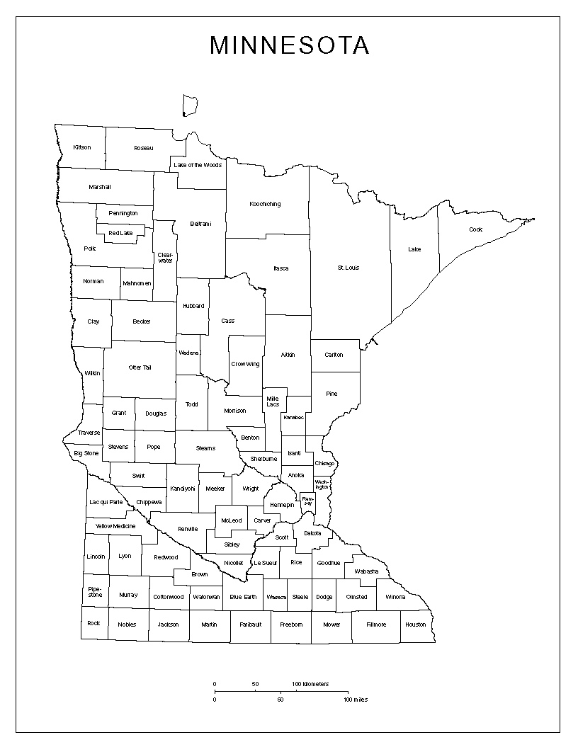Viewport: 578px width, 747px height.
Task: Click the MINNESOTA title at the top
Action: [289, 45]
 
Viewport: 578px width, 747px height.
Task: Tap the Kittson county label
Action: [82, 147]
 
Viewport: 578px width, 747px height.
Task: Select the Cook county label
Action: [475, 229]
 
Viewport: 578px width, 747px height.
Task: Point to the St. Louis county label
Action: [348, 268]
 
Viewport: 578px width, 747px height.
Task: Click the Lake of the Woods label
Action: [198, 165]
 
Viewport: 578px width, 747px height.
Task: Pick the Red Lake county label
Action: [120, 233]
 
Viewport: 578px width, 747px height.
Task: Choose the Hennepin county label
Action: [281, 505]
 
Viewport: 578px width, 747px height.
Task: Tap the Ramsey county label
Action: [307, 501]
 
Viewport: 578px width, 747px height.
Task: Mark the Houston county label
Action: [416, 625]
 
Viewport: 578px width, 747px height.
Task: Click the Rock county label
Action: [93, 623]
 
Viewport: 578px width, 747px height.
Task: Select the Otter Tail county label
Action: [140, 367]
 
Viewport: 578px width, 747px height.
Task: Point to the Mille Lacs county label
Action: [273, 401]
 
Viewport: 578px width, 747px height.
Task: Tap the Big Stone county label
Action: [86, 452]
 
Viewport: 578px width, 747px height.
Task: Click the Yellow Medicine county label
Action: [115, 526]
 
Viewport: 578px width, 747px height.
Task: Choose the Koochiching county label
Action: [265, 204]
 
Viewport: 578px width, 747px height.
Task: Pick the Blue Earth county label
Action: [243, 597]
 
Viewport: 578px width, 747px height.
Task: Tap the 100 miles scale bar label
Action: [356, 700]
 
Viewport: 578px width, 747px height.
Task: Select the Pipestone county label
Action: [95, 592]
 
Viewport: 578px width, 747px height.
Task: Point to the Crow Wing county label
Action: [245, 364]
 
